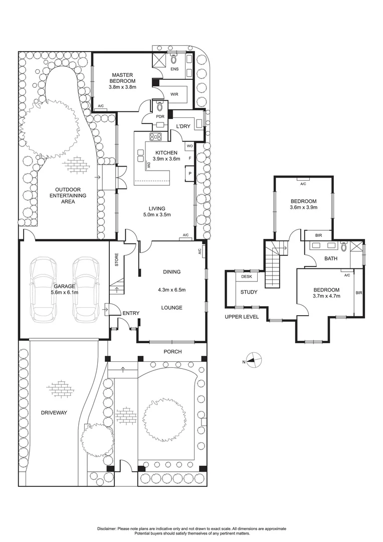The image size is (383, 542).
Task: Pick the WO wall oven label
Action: click(189, 146)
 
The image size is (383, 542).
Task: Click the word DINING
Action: click(171, 272)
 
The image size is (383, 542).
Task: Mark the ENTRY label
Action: click(131, 313)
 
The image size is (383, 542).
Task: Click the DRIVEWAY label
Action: click(54, 413)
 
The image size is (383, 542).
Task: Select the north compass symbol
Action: click(255, 361)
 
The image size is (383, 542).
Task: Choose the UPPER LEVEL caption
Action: click(241, 317)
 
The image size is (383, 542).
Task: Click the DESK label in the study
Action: click(246, 277)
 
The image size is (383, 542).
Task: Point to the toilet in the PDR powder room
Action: click(159, 106)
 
